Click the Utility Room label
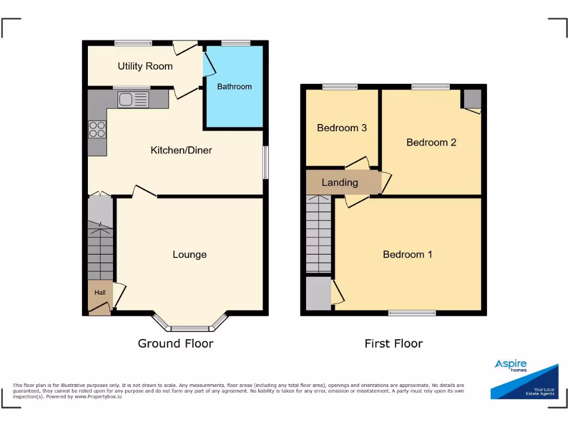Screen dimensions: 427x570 click(145, 66)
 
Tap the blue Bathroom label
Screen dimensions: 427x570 click(234, 87)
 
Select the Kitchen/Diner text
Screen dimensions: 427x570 click(181, 150)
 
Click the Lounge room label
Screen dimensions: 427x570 click(189, 255)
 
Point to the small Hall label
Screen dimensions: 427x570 click(100, 292)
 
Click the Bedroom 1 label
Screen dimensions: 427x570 click(407, 255)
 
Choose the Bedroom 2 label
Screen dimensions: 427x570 click(431, 142)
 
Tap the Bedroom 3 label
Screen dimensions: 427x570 click(342, 128)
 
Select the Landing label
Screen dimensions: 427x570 click(340, 182)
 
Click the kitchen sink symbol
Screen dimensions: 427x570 click(133, 100)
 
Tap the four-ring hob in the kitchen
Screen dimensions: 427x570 click(97, 130)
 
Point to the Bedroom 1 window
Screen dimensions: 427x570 click(412, 313)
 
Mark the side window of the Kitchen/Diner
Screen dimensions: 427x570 click(266, 162)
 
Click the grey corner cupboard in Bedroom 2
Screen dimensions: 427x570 click(473, 99)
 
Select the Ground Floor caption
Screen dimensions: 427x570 click(175, 344)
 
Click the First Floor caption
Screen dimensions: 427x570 click(394, 344)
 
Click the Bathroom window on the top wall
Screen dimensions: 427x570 click(235, 43)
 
